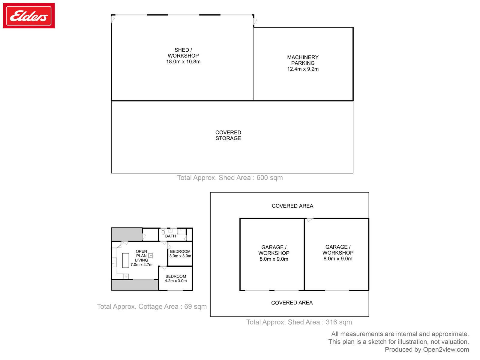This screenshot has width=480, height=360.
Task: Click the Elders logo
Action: (28, 16)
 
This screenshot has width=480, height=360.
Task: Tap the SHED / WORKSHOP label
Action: (183, 53)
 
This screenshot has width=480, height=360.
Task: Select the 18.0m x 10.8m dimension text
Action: (183, 61)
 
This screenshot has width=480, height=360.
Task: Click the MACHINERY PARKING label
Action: (303, 60)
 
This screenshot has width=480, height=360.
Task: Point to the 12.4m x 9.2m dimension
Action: (303, 69)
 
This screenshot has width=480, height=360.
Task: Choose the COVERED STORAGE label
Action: (228, 135)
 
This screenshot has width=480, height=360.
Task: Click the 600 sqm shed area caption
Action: (230, 178)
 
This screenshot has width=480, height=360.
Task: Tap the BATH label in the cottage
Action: (170, 236)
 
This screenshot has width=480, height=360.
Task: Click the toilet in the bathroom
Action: (163, 232)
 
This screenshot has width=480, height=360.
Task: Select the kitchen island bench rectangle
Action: (125, 260)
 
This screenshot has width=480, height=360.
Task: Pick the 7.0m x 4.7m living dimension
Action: (141, 265)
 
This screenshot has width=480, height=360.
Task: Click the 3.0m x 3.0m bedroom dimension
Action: (180, 256)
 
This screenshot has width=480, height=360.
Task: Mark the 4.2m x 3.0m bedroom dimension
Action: (175, 281)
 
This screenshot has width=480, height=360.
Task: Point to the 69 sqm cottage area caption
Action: (152, 306)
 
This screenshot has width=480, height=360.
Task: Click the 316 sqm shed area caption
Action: (299, 322)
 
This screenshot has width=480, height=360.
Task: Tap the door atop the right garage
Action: (310, 220)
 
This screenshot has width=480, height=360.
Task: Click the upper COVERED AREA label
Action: (292, 206)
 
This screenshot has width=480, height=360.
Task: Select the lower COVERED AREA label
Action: (292, 303)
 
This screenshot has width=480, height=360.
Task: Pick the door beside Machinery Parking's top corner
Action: (255, 21)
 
